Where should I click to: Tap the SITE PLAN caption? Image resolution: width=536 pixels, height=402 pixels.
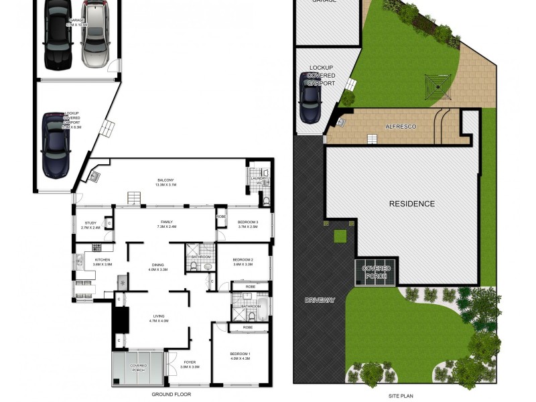tap(401, 395)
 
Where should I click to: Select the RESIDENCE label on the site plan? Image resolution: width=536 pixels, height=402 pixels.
tap(412, 204)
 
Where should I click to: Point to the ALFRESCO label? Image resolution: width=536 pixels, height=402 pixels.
tap(401, 126)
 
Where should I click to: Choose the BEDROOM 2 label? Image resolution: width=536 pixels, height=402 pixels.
tap(243, 261)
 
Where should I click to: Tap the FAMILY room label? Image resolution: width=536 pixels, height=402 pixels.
tap(167, 223)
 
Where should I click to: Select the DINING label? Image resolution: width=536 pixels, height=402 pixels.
tap(157, 266)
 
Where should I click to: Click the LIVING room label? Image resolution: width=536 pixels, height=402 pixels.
tap(159, 318)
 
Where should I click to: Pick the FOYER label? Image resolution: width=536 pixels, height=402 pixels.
tap(190, 364)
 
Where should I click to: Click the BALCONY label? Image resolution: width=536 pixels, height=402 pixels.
tap(165, 182)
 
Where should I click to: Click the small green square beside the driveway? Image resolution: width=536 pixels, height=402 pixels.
tap(340, 235)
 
